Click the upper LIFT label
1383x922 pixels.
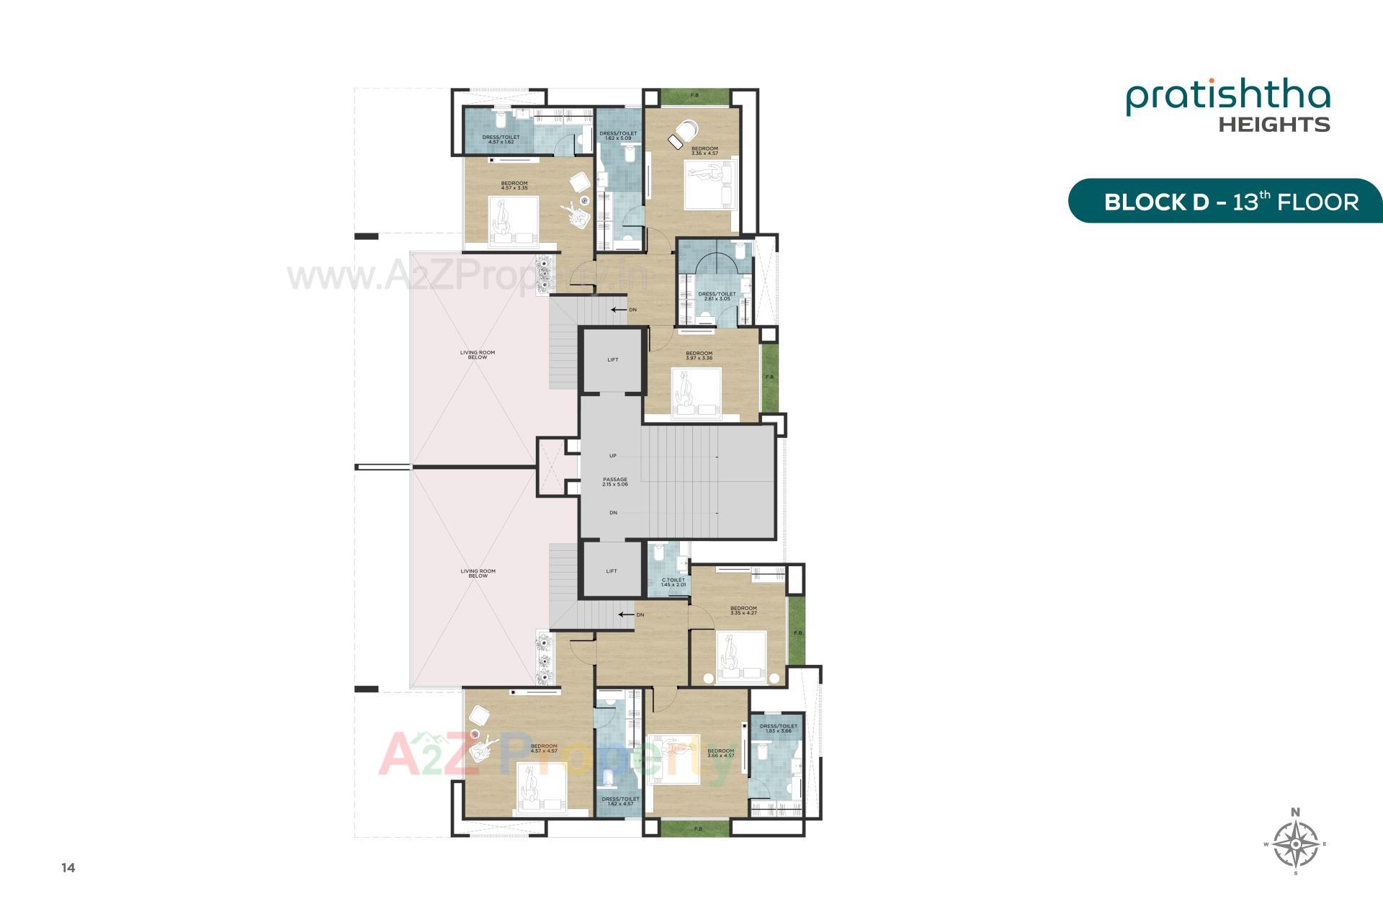point(613,359)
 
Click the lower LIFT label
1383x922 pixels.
point(612,571)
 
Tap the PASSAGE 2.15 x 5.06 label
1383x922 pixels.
point(615,482)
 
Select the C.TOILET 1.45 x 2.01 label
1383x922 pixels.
point(673,582)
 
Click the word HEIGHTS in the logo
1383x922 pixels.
point(1274,125)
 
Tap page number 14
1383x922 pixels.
point(68,868)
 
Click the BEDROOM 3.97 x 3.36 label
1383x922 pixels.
point(699,356)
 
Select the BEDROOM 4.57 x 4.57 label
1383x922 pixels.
point(544,748)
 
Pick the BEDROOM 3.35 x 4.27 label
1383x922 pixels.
point(743,610)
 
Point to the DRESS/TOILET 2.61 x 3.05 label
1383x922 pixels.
point(717,296)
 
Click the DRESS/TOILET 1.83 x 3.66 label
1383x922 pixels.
point(779,728)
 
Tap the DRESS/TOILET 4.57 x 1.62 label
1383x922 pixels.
point(501,139)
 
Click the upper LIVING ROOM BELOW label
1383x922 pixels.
point(478,355)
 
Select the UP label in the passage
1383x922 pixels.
point(613,456)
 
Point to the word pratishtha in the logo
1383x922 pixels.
point(1228,99)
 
